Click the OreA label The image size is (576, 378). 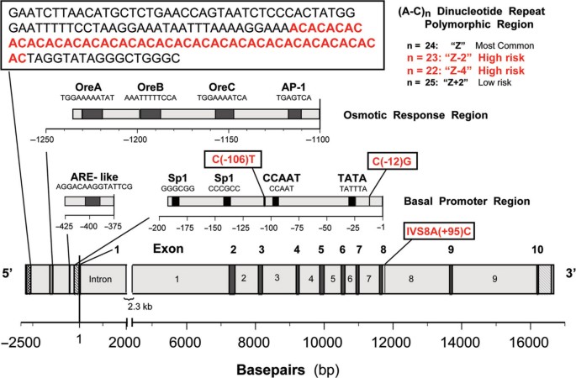point(89,87)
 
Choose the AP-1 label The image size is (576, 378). point(295,87)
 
